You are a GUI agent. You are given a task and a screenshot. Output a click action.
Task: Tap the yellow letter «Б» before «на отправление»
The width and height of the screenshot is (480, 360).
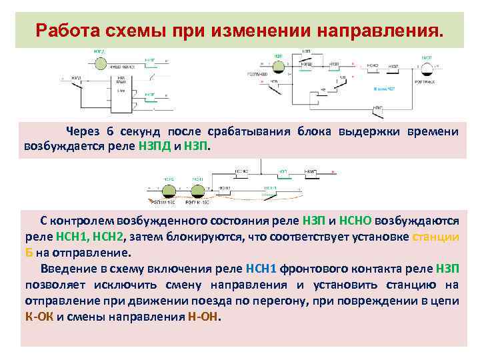(29, 253)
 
